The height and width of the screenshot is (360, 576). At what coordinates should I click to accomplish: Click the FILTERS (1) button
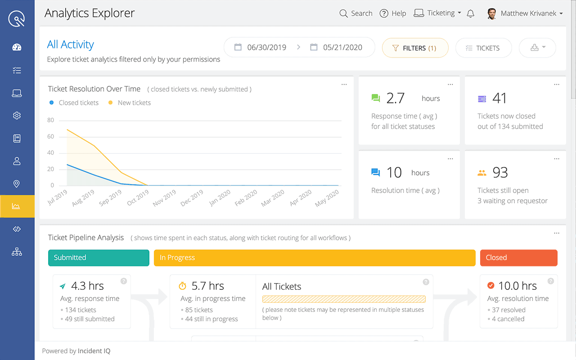pyautogui.click(x=415, y=48)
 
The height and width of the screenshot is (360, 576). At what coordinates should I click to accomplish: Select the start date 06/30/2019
pyautogui.click(x=266, y=47)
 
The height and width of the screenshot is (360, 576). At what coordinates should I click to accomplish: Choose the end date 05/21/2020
pyautogui.click(x=342, y=47)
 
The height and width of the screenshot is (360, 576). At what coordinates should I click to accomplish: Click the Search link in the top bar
pyautogui.click(x=356, y=13)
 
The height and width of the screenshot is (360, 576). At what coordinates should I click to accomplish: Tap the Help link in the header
pyautogui.click(x=393, y=13)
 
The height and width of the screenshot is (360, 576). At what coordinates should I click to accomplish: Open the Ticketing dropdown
pyautogui.click(x=437, y=13)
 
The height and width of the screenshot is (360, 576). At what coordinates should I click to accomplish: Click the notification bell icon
pyautogui.click(x=471, y=13)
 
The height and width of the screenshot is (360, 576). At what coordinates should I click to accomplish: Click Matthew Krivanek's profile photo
pyautogui.click(x=492, y=13)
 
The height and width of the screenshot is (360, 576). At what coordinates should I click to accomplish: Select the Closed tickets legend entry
pyautogui.click(x=78, y=103)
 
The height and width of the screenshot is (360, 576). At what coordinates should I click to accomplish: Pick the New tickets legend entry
pyautogui.click(x=134, y=103)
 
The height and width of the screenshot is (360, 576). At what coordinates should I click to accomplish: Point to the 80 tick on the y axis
pyautogui.click(x=50, y=120)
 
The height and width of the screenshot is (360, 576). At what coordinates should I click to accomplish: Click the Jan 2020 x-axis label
pyautogui.click(x=220, y=198)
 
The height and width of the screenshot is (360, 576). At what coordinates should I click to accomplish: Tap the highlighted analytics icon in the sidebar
pyautogui.click(x=17, y=206)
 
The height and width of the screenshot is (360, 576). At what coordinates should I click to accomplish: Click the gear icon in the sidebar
pyautogui.click(x=17, y=116)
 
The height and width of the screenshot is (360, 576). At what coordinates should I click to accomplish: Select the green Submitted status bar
pyautogui.click(x=99, y=257)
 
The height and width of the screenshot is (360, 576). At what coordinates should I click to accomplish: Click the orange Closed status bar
pyautogui.click(x=518, y=257)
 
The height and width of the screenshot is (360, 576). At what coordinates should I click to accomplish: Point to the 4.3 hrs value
pyautogui.click(x=87, y=286)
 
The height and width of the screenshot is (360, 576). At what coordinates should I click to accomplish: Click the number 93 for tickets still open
pyautogui.click(x=500, y=172)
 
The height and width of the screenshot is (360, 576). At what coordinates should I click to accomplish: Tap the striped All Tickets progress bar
pyautogui.click(x=344, y=299)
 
